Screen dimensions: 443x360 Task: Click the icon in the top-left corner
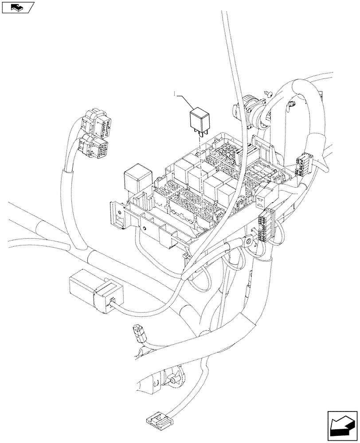(x=17, y=7)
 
